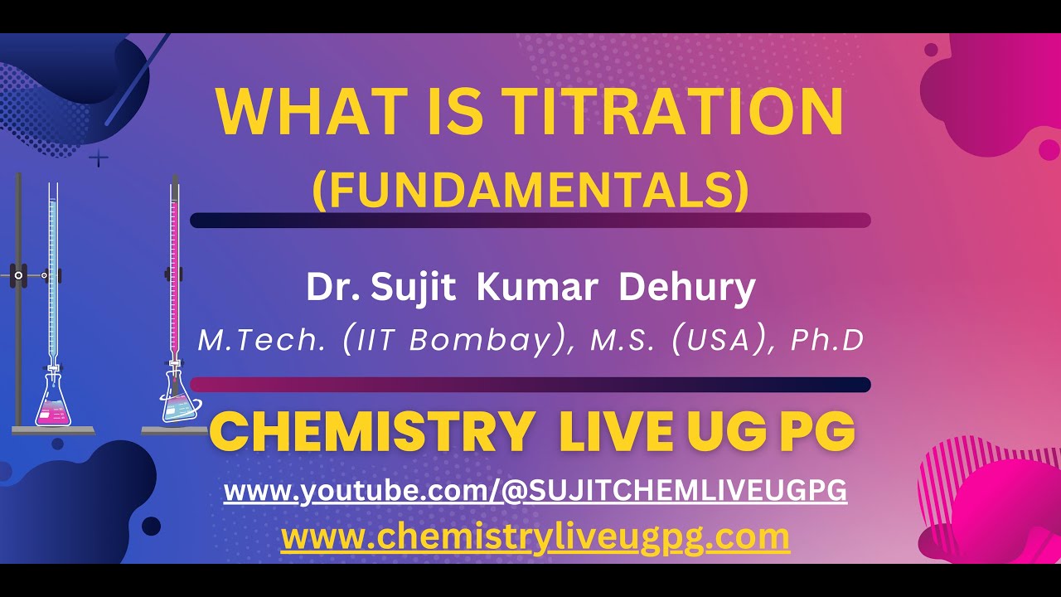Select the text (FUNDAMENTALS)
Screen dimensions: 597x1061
pos(530,190)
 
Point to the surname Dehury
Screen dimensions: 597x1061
pos(687,288)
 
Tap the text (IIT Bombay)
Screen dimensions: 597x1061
pos(457,340)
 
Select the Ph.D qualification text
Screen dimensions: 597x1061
pos(828,340)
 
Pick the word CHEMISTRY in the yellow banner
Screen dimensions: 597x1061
pos(371,432)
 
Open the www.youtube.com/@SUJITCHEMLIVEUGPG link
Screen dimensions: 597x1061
pos(535,491)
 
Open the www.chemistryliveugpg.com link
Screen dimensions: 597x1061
pos(535,537)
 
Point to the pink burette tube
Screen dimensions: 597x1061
pos(175,265)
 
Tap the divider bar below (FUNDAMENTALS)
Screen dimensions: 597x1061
pos(530,220)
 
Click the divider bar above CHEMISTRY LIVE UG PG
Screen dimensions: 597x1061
pos(530,384)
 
